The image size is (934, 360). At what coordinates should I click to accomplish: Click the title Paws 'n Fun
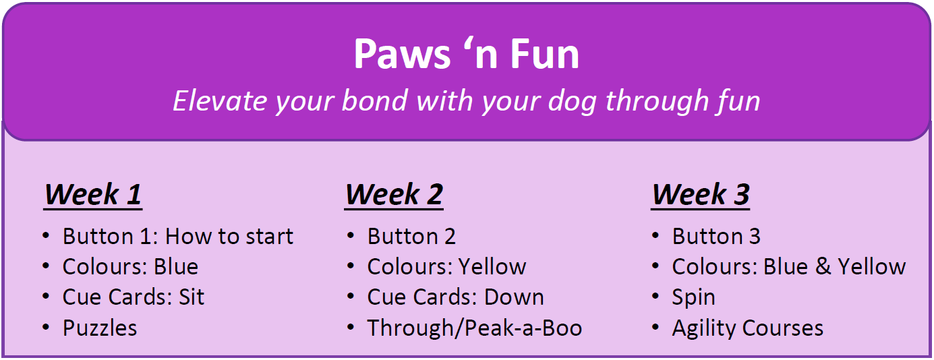tap(467, 54)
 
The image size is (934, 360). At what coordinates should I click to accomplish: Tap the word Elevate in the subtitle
tap(219, 101)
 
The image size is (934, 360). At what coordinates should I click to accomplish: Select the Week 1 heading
tap(93, 194)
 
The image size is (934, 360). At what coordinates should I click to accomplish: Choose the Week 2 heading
tap(394, 194)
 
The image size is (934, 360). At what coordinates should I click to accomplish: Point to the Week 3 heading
tap(701, 194)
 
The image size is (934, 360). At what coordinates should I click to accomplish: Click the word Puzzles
tap(100, 328)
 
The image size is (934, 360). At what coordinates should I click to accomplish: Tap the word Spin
tap(693, 297)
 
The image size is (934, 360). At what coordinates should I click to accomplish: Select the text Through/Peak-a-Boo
tap(475, 328)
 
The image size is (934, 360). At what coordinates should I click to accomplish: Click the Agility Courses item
tap(748, 328)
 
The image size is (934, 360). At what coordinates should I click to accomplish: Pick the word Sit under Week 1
tap(192, 297)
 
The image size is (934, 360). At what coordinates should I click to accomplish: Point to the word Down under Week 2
tap(514, 297)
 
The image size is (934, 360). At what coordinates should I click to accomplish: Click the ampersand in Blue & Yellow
tap(823, 267)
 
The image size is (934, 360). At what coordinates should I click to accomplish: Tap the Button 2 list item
tap(411, 236)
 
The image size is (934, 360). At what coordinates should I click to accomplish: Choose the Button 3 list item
tap(716, 236)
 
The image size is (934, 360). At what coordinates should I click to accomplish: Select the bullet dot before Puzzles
tap(46, 328)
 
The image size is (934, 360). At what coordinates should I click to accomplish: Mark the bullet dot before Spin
tap(655, 297)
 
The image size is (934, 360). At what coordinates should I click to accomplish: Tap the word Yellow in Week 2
tap(492, 267)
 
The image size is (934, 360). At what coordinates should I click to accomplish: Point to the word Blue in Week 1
tap(176, 267)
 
